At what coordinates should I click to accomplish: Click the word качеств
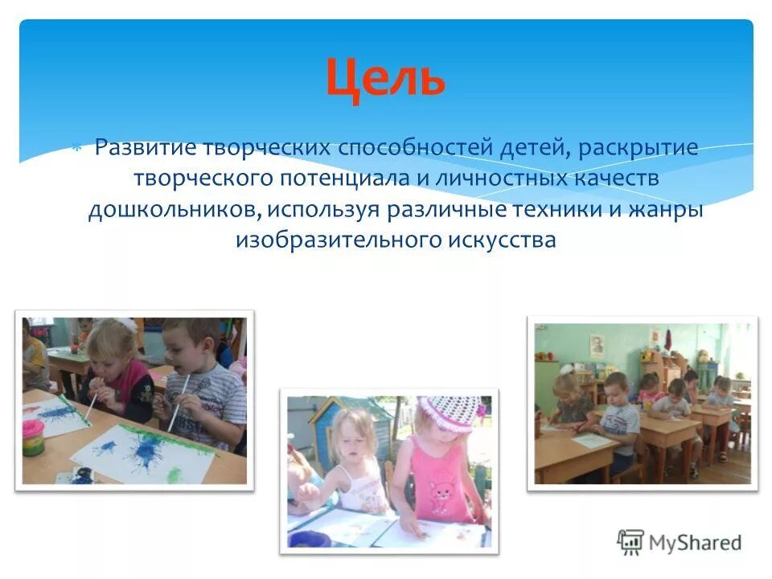click(x=635, y=179)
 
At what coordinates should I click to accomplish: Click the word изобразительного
click(x=335, y=240)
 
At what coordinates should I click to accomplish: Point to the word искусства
click(x=499, y=240)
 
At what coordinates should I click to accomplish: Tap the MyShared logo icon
click(x=631, y=541)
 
